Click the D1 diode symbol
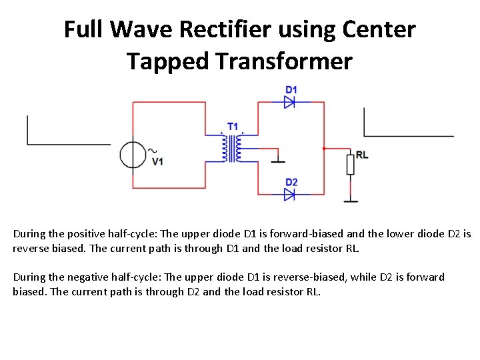(290, 102)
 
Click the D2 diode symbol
(290, 195)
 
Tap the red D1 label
(291, 90)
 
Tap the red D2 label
(291, 183)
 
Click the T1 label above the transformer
(233, 126)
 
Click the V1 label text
(158, 161)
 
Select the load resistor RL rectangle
(350, 164)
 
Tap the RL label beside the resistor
(362, 155)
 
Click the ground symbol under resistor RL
(350, 199)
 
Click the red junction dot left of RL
(323, 148)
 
